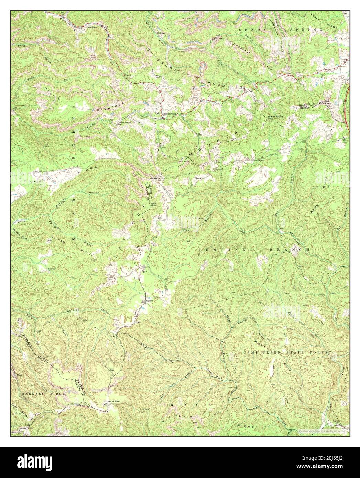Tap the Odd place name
[158, 113]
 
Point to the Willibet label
[161, 33]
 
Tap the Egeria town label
[149, 301]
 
